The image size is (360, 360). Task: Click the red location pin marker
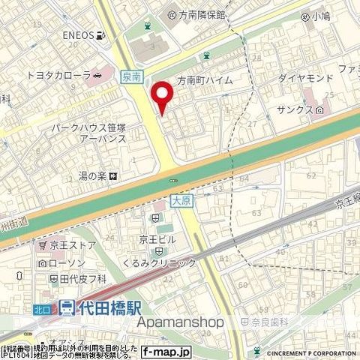(x=162, y=96)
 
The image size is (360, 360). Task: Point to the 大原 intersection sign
(x=178, y=200)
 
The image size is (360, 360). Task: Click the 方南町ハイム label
(x=204, y=80)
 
